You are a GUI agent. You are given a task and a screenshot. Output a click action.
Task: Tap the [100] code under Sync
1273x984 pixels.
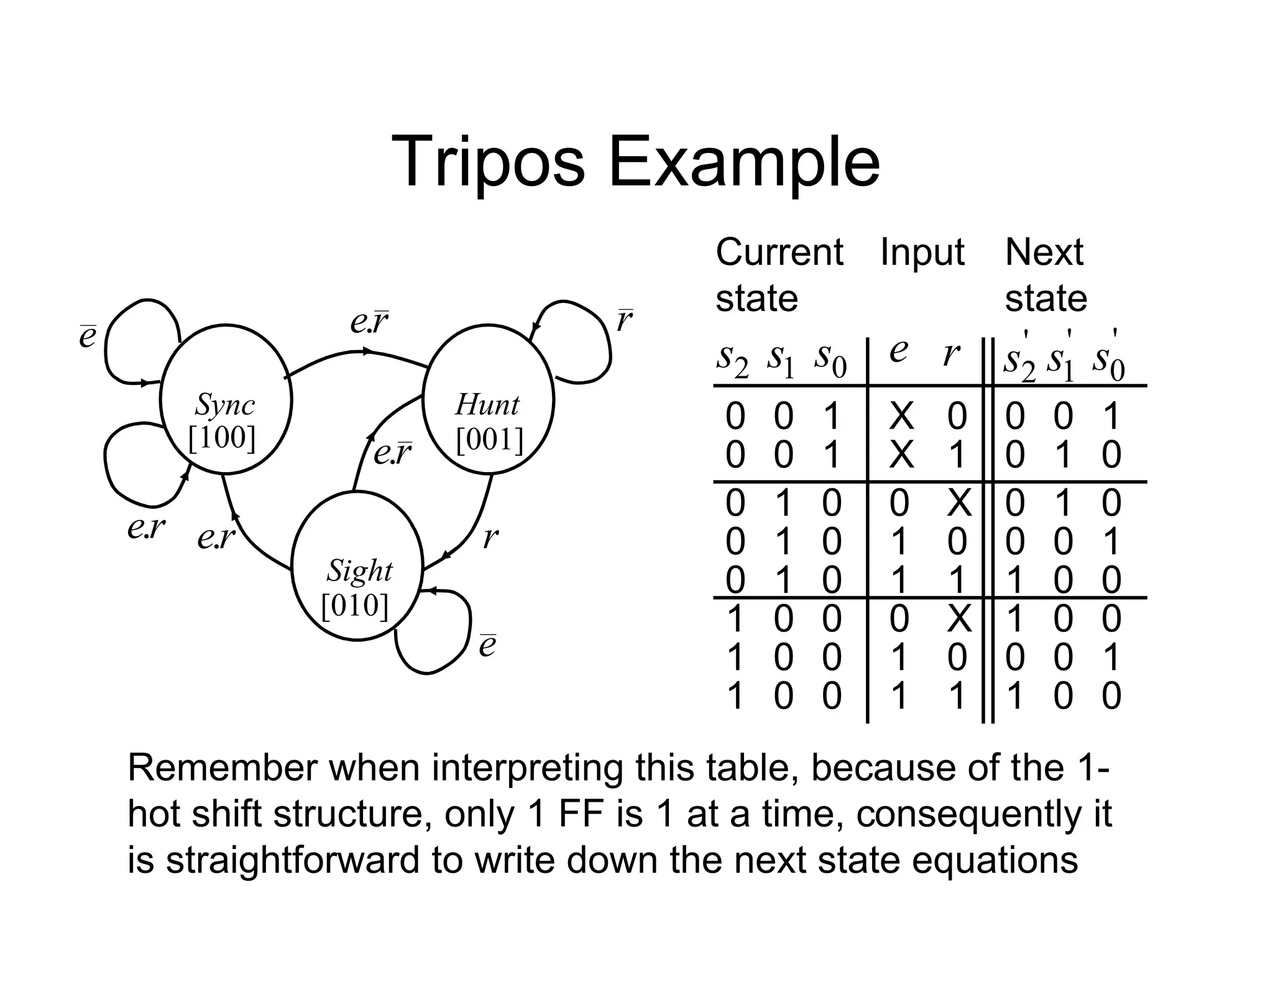[222, 438]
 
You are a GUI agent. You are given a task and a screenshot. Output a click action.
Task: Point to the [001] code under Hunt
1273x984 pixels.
[489, 440]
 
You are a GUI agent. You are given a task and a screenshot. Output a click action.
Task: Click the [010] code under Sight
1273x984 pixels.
[355, 605]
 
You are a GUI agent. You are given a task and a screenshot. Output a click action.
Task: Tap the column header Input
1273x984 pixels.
[922, 252]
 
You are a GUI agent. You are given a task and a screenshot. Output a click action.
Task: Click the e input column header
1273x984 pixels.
[898, 350]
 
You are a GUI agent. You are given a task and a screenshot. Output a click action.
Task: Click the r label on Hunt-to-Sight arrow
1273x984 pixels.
[490, 536]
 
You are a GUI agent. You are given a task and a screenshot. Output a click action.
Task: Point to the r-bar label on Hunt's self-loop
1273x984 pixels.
[624, 321]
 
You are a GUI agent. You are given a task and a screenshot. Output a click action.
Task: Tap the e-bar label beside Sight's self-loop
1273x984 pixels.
[487, 645]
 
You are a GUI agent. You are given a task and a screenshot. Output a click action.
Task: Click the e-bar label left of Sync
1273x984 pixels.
[88, 336]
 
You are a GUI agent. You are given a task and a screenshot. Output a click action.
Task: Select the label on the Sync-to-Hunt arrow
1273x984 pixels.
[369, 322]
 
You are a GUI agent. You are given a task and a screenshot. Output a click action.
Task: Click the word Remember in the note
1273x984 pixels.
[222, 768]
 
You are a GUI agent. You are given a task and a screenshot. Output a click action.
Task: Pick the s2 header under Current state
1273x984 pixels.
[732, 360]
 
